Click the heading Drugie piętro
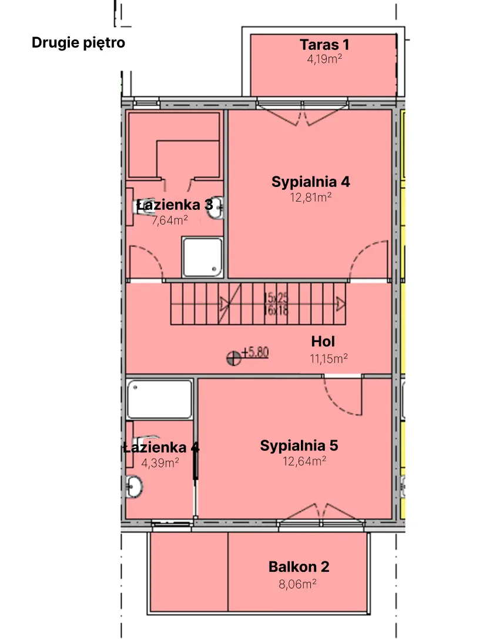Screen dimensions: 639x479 (x=78, y=43)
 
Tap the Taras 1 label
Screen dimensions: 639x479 (x=324, y=45)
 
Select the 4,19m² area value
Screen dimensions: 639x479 (x=324, y=59)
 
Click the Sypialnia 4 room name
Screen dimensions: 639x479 (x=310, y=182)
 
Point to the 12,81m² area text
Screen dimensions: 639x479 (x=311, y=198)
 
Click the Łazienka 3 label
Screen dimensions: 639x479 (x=174, y=205)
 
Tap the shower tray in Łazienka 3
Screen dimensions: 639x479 (x=202, y=257)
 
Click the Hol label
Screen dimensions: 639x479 (x=323, y=342)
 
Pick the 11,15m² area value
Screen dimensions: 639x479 (x=329, y=358)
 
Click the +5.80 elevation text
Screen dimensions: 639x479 (x=255, y=353)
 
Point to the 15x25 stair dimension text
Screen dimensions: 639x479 (x=276, y=298)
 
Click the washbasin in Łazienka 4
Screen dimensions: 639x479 (x=134, y=486)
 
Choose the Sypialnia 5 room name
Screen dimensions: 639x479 (x=299, y=446)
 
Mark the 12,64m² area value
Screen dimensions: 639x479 (x=304, y=461)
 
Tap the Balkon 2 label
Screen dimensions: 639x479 (x=299, y=567)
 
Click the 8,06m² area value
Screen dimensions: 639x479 (x=297, y=584)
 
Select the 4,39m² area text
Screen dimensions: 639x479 (x=160, y=463)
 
